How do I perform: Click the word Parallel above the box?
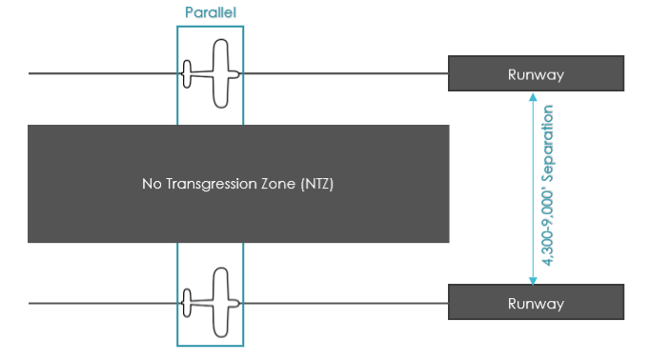(x=210, y=14)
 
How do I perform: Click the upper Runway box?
(x=536, y=73)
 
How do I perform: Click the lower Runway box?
(x=536, y=303)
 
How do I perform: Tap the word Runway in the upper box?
(x=536, y=74)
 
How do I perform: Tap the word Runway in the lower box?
(x=536, y=304)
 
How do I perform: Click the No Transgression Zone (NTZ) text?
(x=238, y=184)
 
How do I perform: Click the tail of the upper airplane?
(x=187, y=73)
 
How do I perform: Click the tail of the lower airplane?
(x=187, y=304)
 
